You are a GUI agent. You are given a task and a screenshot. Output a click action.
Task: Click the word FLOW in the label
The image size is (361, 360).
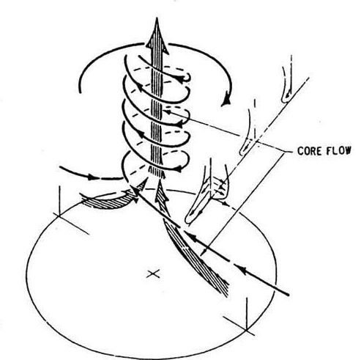point(339,151)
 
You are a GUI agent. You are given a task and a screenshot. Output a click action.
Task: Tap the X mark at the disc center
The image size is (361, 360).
point(153,274)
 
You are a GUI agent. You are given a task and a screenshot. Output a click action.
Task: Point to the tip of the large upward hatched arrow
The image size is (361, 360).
point(157,18)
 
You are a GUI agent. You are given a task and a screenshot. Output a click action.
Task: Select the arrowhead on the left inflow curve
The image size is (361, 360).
point(92,177)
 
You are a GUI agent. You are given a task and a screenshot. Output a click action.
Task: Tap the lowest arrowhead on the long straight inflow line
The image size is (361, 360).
point(243,269)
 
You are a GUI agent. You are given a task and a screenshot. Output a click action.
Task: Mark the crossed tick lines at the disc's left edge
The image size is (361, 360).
point(59,215)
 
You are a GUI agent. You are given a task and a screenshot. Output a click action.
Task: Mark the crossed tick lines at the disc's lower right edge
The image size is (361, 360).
point(247,330)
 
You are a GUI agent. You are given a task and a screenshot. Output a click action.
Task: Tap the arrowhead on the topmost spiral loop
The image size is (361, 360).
point(180,78)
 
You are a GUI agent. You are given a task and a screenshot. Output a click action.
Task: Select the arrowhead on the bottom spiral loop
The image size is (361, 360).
point(179,169)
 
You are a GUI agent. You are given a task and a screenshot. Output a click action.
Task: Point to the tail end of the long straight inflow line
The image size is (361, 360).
point(289,295)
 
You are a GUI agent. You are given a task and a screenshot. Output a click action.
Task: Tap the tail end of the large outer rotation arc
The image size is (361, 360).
point(80,92)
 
